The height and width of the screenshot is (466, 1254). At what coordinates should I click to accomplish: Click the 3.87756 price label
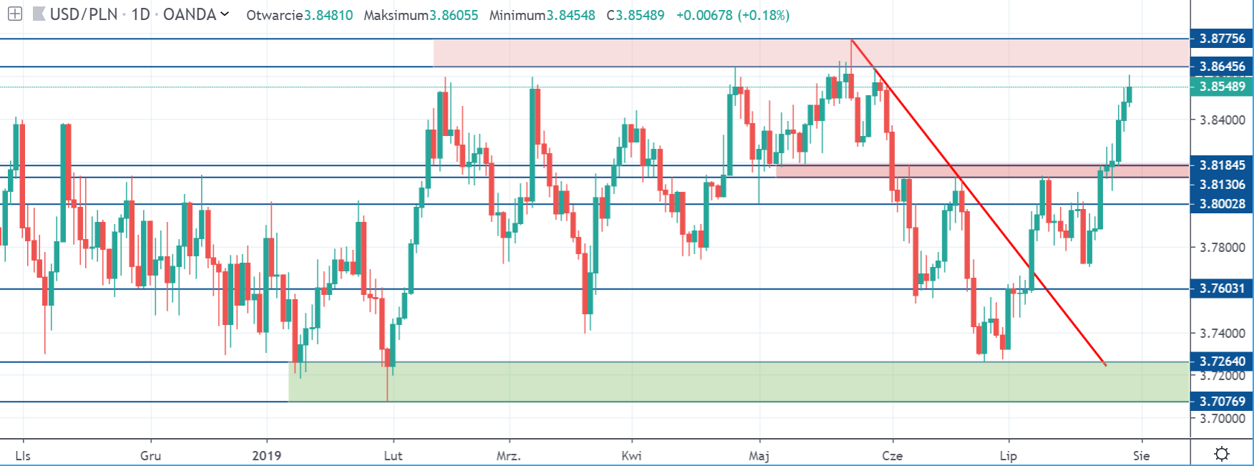[x=1222, y=39]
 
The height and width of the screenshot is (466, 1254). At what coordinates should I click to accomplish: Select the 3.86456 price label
[x=1222, y=67]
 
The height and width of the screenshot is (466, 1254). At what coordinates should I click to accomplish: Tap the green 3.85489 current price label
[x=1222, y=87]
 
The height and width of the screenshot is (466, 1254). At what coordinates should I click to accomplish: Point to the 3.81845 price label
[x=1222, y=165]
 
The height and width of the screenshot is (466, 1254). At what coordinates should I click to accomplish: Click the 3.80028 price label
[x=1222, y=204]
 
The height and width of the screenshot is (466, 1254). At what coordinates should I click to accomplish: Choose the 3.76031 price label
[x=1222, y=288]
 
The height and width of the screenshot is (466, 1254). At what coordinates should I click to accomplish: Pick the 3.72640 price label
[x=1222, y=361]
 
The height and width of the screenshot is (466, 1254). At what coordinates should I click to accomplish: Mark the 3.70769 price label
[x=1222, y=402]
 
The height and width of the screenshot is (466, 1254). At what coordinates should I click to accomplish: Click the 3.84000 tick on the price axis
[x=1222, y=120]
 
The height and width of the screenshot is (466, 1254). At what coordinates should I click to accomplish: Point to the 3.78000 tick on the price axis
[x=1222, y=248]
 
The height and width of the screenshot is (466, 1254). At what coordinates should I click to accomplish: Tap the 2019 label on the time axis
[x=267, y=455]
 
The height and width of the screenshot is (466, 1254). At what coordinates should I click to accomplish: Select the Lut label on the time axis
[x=393, y=455]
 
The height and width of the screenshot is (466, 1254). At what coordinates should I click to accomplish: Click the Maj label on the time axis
[x=758, y=455]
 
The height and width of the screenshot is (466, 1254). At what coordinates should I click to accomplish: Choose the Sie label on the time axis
[x=1141, y=455]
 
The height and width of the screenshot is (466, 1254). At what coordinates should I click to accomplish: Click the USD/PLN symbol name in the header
[x=84, y=14]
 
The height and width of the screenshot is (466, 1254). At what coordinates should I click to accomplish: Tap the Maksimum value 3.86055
[x=453, y=15]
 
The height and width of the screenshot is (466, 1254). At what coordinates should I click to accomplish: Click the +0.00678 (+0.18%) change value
[x=733, y=15]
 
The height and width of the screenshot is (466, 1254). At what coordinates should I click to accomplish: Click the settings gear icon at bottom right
[x=1222, y=454]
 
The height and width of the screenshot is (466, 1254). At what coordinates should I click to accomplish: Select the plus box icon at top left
[x=14, y=14]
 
